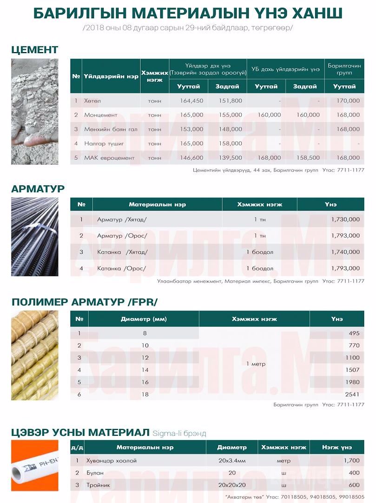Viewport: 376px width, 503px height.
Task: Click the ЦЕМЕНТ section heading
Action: [35, 49]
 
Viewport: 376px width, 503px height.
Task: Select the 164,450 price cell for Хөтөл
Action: [191, 101]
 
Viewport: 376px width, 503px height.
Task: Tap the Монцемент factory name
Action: [101, 115]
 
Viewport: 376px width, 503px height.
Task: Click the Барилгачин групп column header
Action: [344, 70]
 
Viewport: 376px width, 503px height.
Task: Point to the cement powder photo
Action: [35, 112]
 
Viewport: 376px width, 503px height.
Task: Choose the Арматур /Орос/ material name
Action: [122, 236]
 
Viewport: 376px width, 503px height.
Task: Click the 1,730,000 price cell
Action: [345, 219]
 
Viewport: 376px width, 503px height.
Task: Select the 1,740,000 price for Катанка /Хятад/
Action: [345, 252]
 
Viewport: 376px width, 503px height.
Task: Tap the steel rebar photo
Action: [35, 237]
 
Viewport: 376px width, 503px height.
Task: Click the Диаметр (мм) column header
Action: [144, 319]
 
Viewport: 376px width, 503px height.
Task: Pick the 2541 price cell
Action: [352, 394]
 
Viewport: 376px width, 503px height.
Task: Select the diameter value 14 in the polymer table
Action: [145, 370]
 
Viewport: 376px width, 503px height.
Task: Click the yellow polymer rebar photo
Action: [35, 355]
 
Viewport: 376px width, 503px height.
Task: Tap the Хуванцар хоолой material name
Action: [112, 461]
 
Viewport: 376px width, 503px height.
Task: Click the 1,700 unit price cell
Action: [351, 461]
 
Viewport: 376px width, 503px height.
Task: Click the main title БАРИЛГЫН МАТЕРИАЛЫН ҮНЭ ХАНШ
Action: [188, 13]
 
